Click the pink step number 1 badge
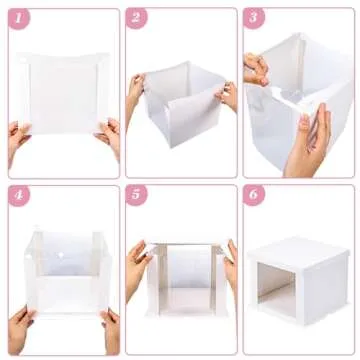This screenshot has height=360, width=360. (x=18, y=17)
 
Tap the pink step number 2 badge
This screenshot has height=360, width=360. (x=136, y=17)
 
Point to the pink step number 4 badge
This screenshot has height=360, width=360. (x=18, y=195)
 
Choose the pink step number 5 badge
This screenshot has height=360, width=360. (x=136, y=195)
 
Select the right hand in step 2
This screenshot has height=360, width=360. (x=229, y=95)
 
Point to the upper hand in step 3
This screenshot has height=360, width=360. (x=257, y=68)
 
